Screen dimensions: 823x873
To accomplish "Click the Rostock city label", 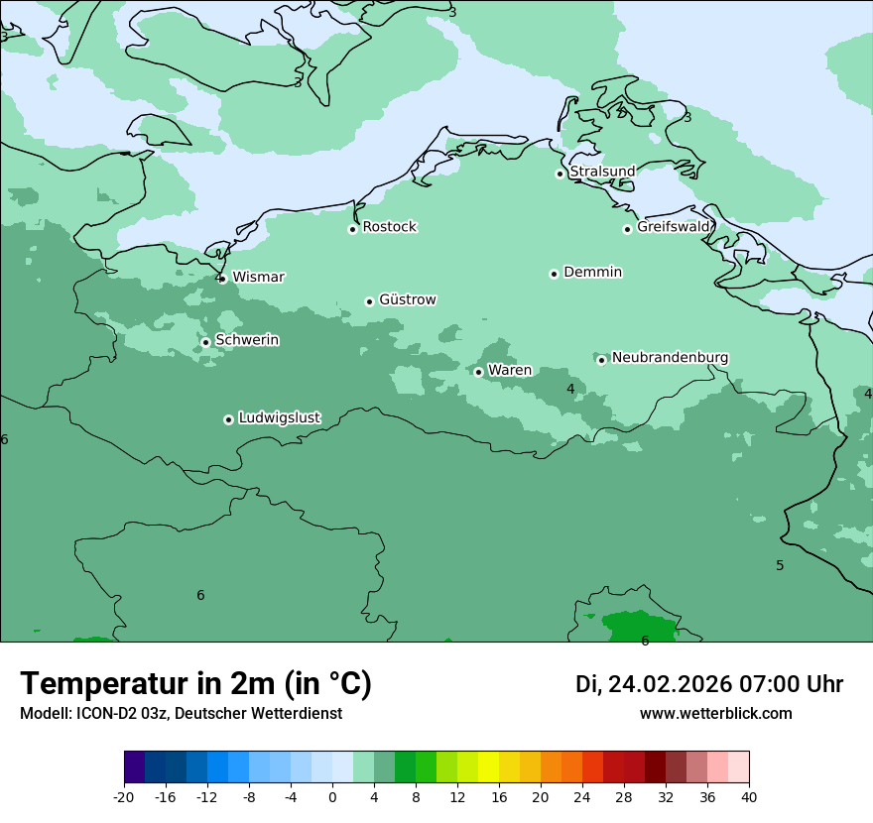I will tap(389, 227).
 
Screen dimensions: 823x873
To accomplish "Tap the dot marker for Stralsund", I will tap(560, 174).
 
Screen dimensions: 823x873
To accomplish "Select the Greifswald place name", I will tap(673, 227).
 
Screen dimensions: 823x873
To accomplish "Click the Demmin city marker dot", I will tap(554, 274).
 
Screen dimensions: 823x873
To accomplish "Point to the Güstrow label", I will tap(407, 299).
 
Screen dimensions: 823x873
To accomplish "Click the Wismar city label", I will tap(258, 278).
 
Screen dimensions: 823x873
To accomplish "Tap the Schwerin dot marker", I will tap(205, 342).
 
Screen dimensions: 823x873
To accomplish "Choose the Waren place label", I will tap(509, 371).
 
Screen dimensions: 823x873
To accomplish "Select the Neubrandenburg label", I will tap(670, 358).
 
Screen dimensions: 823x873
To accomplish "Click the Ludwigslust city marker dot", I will tap(228, 419).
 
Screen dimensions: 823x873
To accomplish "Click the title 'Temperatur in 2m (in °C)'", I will tap(196, 684).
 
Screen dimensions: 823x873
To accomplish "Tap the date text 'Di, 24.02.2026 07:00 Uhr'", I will tap(709, 684).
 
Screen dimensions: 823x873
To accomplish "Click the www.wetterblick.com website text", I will tap(715, 714).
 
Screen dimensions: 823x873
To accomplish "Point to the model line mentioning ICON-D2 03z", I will tap(181, 714).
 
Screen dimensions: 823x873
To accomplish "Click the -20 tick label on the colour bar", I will tap(124, 797).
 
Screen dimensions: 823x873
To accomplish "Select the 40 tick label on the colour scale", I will tap(749, 797).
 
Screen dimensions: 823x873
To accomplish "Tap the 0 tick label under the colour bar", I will tap(332, 797).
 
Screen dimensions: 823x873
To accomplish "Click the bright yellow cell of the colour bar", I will tap(488, 767).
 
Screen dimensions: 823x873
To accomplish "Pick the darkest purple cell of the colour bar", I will tap(135, 767).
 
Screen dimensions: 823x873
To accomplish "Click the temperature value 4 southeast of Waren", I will tap(570, 389).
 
